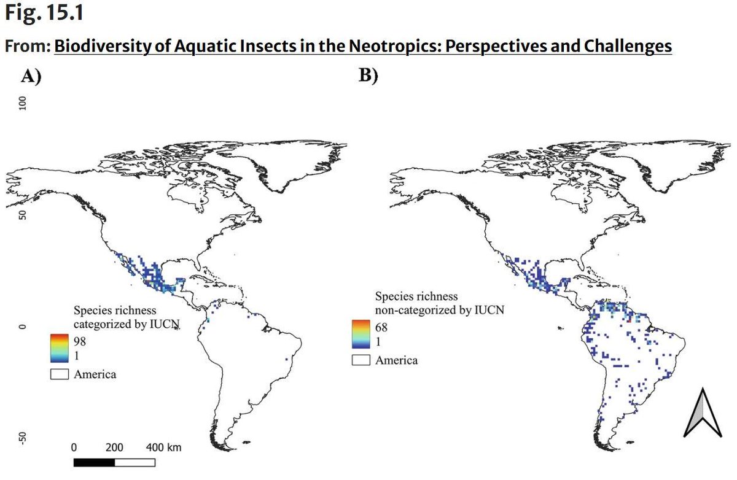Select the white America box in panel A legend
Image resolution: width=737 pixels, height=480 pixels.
pos(60,373)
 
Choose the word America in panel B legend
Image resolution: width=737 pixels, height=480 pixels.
pos(397,360)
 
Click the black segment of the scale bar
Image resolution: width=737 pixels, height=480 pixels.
pos(95,460)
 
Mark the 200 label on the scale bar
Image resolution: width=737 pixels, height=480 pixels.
pos(114,447)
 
